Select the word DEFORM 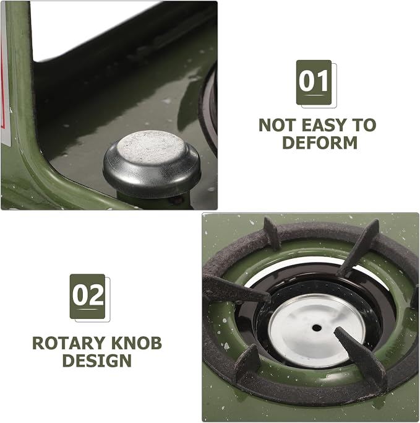point(320,142)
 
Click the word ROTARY point(69,343)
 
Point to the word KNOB point(136,343)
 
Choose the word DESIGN point(97,360)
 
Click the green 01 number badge point(314,82)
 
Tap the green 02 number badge point(87,296)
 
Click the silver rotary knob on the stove point(152,164)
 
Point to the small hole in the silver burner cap point(317,328)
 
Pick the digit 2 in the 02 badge point(96,295)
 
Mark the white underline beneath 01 point(314,95)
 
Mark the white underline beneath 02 point(87,310)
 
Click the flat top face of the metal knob point(152,147)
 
